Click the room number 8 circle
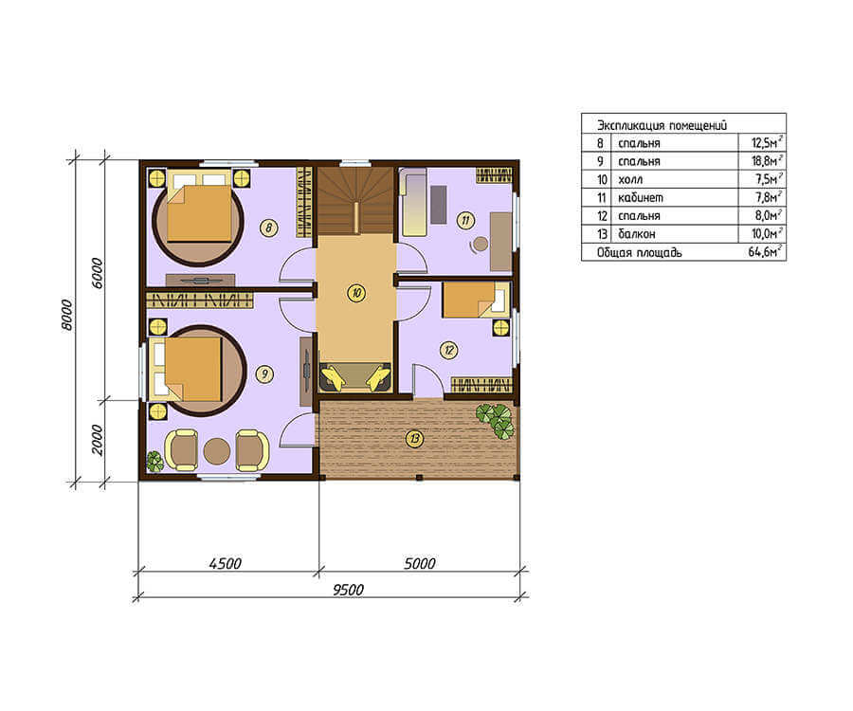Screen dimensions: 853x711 click(269, 228)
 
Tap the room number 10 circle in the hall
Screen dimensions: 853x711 click(356, 293)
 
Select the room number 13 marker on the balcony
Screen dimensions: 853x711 click(415, 438)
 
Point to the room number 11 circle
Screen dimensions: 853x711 click(465, 220)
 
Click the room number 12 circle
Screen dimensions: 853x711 click(449, 350)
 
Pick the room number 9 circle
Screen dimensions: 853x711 click(265, 374)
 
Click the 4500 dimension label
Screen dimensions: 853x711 click(226, 563)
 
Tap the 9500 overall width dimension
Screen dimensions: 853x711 click(348, 589)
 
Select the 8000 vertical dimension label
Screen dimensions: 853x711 click(65, 315)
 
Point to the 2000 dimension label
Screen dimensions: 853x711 click(97, 440)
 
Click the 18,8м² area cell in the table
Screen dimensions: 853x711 click(767, 160)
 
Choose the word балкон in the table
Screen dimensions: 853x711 click(637, 234)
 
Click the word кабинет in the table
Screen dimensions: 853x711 click(641, 197)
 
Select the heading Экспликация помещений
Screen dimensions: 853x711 click(662, 125)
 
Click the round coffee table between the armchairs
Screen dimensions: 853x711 click(216, 451)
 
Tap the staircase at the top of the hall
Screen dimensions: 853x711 click(355, 201)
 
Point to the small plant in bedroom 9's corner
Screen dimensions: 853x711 click(155, 461)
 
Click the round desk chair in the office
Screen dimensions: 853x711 click(480, 245)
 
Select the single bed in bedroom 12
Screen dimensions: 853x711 click(476, 300)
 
